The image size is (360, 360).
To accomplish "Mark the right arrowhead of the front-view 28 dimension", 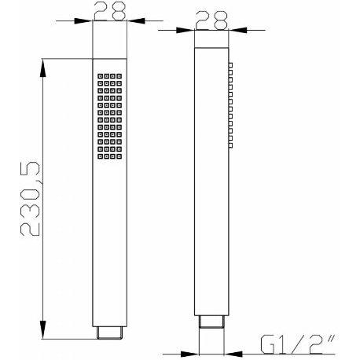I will [129, 21].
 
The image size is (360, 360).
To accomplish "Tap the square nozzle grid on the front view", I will [108, 116].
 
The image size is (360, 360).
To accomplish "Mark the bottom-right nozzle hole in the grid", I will [119, 155].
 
